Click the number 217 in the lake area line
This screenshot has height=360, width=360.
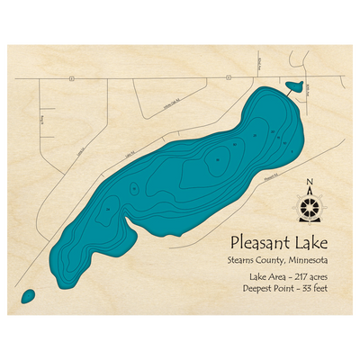tap(293, 277)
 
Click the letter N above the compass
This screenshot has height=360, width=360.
tap(310, 185)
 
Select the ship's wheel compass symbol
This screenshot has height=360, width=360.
tap(310, 209)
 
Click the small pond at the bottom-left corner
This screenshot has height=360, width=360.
tap(27, 295)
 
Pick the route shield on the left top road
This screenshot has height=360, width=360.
tap(68, 78)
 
